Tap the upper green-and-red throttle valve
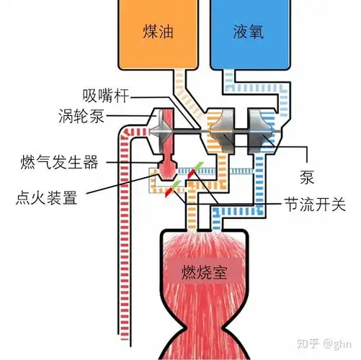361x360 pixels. [193, 174]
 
